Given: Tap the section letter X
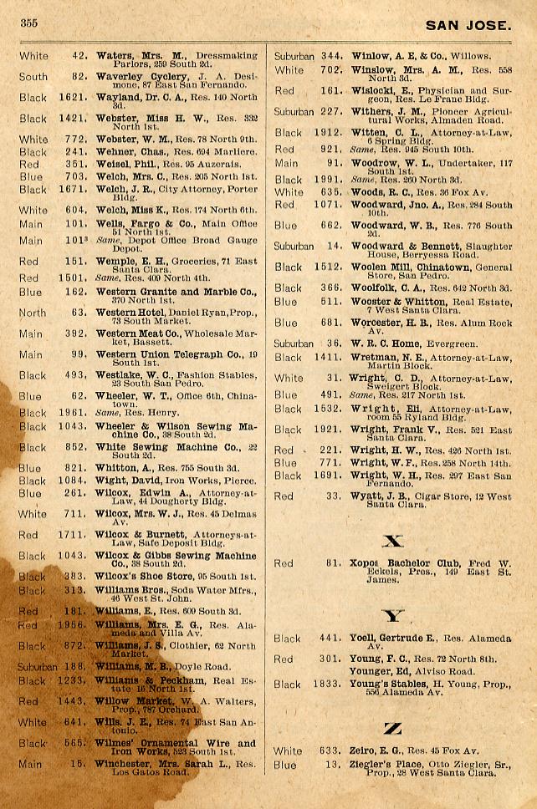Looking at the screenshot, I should tap(392, 542).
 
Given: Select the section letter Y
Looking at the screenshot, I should tap(392, 617).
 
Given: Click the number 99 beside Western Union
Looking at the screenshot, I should tap(79, 354).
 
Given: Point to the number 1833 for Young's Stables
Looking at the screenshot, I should tap(327, 684).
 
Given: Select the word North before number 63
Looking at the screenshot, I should tap(33, 313).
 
